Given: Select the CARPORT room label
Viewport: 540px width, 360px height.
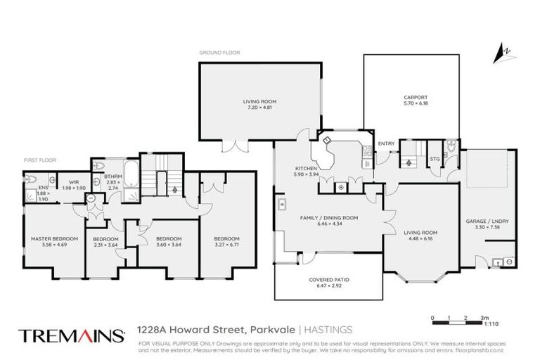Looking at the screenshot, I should (x=416, y=98).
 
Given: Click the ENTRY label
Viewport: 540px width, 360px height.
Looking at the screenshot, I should (x=386, y=144).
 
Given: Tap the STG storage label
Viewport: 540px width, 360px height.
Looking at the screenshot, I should (x=435, y=159).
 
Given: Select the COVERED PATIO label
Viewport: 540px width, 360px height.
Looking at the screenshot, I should (x=329, y=280).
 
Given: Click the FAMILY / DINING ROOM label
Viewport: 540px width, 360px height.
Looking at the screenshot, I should (x=330, y=218).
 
